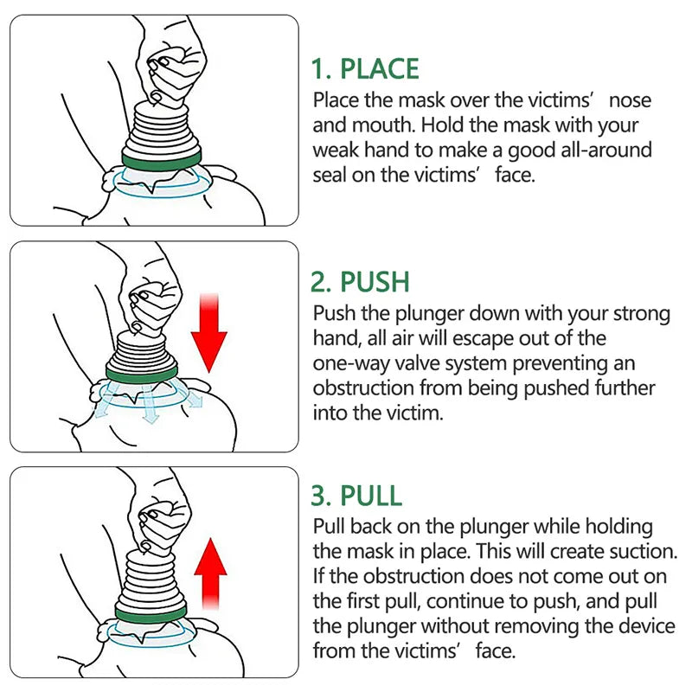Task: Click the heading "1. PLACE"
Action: (365, 68)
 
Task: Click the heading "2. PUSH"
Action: (360, 282)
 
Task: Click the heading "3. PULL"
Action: (356, 496)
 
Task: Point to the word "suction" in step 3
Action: (639, 551)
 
